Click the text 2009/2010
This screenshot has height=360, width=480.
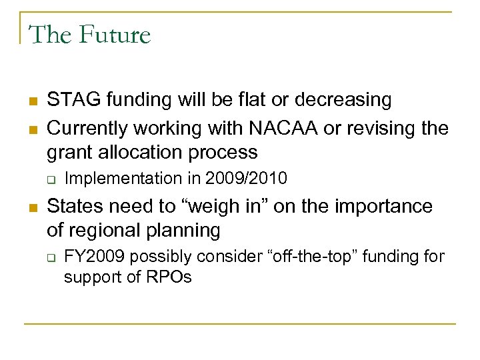(x=246, y=179)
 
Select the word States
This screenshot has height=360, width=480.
(x=73, y=206)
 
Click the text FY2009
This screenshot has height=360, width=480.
(x=91, y=257)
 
